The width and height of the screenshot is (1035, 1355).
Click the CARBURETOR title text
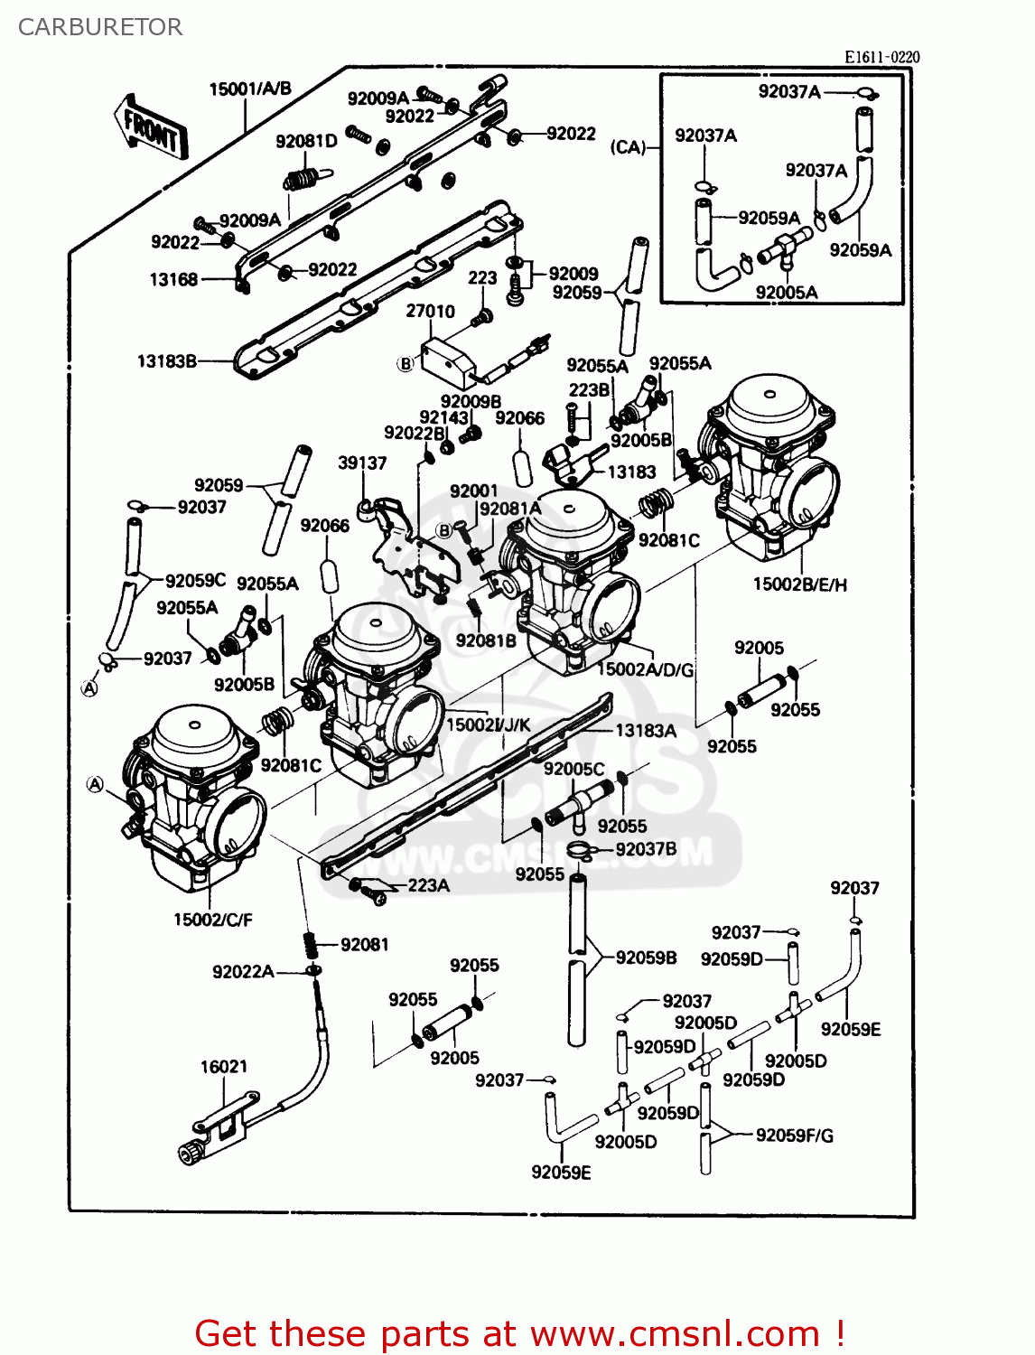tap(100, 27)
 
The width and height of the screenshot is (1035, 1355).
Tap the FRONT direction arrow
tap(151, 129)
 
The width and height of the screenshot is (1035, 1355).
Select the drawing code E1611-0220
tap(881, 57)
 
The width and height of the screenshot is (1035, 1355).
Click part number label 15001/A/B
tap(250, 89)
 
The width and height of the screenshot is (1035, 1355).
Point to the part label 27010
tap(430, 311)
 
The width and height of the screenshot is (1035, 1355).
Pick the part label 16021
tap(223, 1067)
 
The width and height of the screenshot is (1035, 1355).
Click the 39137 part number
tap(362, 463)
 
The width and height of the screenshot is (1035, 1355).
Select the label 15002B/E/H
tap(800, 584)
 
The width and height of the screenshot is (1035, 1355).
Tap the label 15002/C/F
tap(213, 920)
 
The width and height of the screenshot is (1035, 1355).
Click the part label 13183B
tap(167, 361)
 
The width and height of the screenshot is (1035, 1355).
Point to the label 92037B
tap(646, 849)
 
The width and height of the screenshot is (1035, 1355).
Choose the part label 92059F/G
tap(795, 1135)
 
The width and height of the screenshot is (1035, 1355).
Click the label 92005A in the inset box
tap(787, 292)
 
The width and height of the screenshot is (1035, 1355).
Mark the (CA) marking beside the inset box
tap(628, 146)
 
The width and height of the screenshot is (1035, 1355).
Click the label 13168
tap(173, 279)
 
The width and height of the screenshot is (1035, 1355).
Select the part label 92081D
tap(306, 141)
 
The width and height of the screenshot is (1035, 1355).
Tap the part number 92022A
tap(243, 972)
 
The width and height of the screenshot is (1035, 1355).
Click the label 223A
tap(428, 885)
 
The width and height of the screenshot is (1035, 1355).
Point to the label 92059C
tap(196, 580)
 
